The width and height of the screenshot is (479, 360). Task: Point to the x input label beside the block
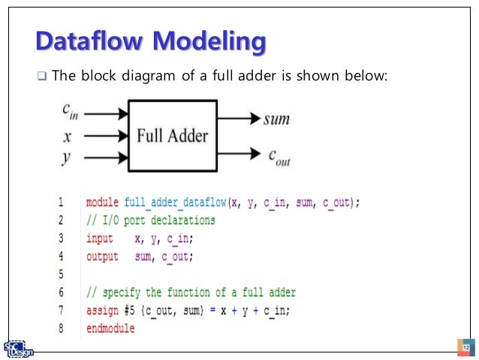(x=68, y=138)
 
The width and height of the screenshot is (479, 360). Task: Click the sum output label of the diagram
(x=276, y=119)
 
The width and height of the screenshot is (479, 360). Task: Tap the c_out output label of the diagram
(x=280, y=156)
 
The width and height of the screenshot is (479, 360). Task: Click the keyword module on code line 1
(x=103, y=203)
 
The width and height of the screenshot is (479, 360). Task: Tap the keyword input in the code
(x=100, y=238)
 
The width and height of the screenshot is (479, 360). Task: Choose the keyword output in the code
(x=102, y=257)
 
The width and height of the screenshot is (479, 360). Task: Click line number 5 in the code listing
(x=60, y=275)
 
